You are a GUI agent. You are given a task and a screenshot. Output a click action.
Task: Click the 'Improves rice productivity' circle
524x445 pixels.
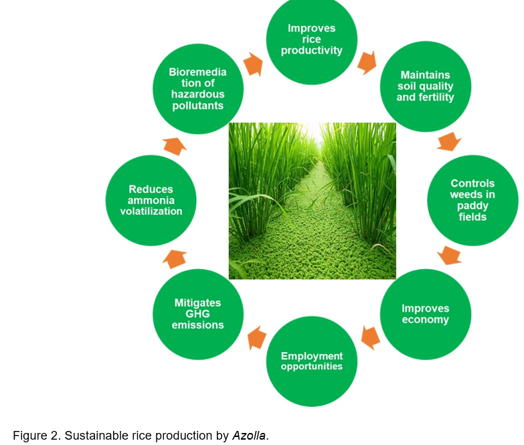[x=312, y=39]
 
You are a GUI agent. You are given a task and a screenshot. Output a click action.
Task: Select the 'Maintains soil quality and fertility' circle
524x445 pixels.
[x=426, y=86]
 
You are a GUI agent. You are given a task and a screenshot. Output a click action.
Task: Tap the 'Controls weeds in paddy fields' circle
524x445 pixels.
[x=472, y=200]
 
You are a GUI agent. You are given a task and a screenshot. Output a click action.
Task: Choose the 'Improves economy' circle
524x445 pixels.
[x=426, y=314]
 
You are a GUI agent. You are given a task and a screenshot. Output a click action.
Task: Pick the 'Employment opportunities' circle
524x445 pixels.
[x=312, y=361]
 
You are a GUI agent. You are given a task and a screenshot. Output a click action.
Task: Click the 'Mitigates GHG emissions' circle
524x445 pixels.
[x=198, y=314]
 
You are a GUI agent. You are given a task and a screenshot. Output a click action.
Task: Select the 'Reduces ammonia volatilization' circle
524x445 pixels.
[x=151, y=200]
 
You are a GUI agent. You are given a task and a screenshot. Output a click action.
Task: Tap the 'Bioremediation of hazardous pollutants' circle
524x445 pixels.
[x=198, y=89]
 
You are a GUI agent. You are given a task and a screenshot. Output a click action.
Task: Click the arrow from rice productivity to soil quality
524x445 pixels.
[x=367, y=63]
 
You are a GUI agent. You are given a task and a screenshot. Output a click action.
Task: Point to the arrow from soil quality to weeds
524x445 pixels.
[x=449, y=142]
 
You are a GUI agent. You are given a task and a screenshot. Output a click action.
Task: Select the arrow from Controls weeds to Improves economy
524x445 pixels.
[x=450, y=256]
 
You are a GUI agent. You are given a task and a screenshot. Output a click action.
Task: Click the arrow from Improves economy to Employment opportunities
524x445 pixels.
[x=370, y=337]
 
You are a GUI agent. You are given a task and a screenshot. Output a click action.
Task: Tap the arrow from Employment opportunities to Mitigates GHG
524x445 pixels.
[x=257, y=337]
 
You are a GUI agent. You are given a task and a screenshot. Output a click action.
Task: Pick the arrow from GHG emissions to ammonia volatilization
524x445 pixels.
[x=175, y=259]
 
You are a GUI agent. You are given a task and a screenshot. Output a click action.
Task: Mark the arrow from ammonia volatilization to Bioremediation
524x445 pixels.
[x=175, y=147]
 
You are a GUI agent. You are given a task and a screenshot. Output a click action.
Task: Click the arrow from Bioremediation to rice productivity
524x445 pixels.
[x=253, y=64]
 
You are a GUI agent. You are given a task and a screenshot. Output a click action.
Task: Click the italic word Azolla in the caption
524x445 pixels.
[x=249, y=436]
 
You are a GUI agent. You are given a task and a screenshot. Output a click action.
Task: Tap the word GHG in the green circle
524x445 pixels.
[x=197, y=314]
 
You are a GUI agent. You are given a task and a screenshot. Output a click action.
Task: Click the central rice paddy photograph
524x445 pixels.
[x=312, y=201]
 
